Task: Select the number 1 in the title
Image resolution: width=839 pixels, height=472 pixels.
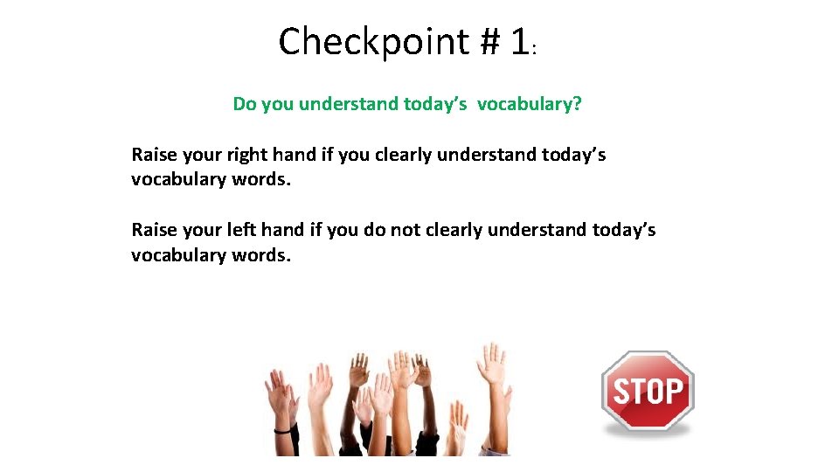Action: [x=518, y=42]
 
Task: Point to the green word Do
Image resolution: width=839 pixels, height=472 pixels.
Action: [x=245, y=104]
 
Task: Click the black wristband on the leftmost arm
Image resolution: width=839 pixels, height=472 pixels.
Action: [x=282, y=429]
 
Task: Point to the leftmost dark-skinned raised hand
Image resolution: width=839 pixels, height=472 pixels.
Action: [x=359, y=371]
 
